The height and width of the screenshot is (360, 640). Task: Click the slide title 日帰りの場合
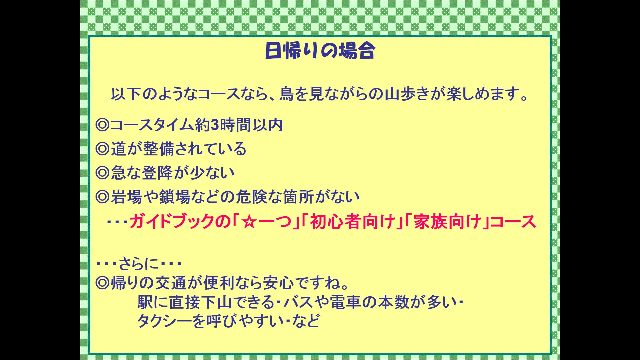[x=320, y=51]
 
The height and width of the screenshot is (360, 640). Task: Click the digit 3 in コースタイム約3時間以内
[x=215, y=125]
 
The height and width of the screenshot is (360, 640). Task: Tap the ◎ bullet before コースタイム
[x=102, y=125]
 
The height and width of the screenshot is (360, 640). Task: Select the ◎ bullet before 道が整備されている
[x=102, y=149]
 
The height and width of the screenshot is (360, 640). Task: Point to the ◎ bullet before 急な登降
[x=102, y=173]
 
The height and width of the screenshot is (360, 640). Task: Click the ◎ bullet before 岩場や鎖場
[x=102, y=197]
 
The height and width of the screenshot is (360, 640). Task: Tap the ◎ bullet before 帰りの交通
[x=102, y=283]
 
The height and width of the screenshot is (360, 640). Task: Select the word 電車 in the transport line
[x=345, y=302]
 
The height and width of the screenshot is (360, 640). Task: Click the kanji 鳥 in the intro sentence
[x=287, y=94]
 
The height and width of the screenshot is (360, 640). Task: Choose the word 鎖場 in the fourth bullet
[x=174, y=197]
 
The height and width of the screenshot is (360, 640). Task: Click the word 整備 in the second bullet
[x=159, y=149]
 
